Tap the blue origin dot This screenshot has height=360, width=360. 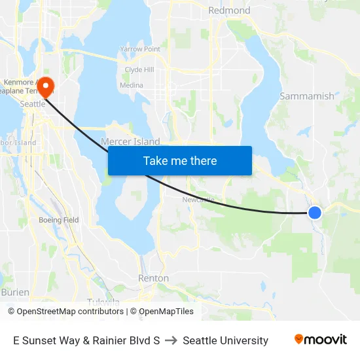(315, 213)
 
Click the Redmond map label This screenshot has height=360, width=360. (229, 10)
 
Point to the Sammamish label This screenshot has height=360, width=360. (306, 96)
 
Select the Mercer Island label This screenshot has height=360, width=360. (130, 141)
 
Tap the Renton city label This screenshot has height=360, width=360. (153, 278)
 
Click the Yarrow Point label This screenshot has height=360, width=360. (140, 49)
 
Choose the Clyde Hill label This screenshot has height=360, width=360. (139, 69)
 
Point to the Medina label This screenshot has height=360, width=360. (131, 85)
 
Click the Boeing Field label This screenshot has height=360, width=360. (58, 220)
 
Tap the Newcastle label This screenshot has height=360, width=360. (198, 200)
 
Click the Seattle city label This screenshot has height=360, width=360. (33, 104)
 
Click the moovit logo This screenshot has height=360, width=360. (320, 340)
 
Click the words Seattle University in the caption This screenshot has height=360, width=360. (225, 340)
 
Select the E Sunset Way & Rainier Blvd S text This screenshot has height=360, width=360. (86, 340)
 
